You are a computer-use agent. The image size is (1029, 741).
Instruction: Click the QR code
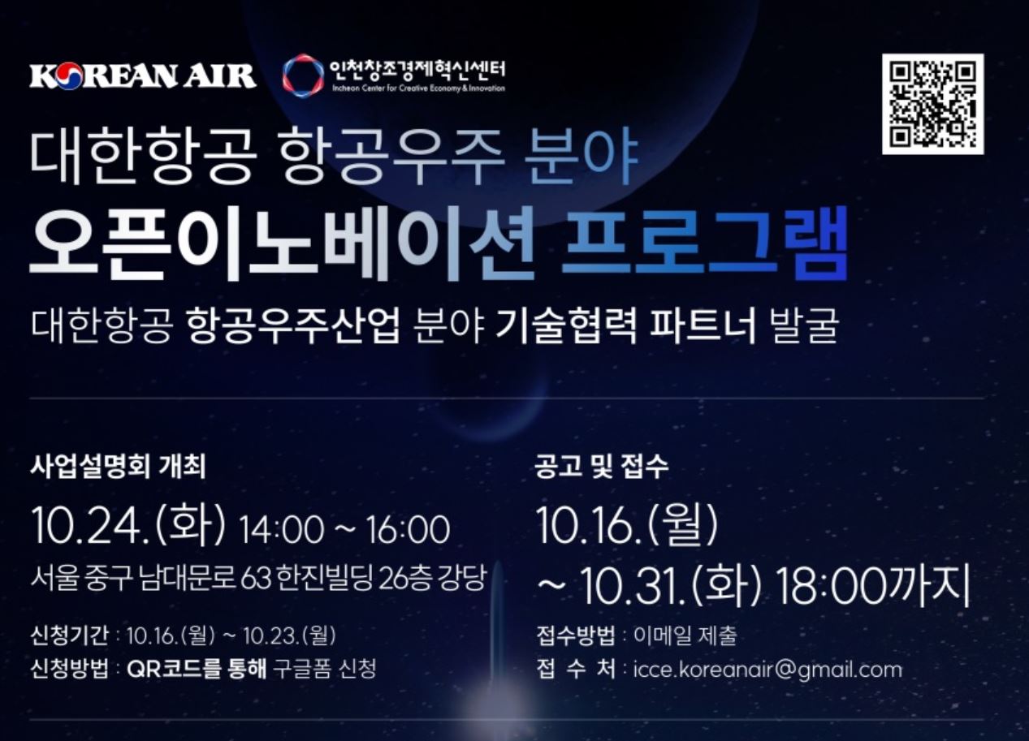click(933, 104)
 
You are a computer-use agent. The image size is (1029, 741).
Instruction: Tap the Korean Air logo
click(143, 76)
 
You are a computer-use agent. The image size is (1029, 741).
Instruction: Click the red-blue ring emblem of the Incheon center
click(303, 75)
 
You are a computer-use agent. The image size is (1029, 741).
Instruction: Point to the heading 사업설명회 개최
click(118, 467)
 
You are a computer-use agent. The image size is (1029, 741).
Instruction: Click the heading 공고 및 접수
click(601, 467)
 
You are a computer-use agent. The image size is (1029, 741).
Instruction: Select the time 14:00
click(281, 530)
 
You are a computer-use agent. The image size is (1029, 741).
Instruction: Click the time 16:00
click(408, 530)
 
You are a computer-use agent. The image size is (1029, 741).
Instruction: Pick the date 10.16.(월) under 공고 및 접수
click(627, 524)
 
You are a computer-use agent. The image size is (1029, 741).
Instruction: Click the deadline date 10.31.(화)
click(671, 586)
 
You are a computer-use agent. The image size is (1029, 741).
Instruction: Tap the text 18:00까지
click(873, 586)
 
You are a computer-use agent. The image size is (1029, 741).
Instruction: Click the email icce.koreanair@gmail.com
click(767, 670)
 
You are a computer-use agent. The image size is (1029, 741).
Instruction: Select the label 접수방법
click(576, 635)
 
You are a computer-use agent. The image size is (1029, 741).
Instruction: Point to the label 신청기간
click(69, 635)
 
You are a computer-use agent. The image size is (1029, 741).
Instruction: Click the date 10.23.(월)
click(289, 635)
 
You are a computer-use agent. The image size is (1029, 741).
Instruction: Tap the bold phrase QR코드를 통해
click(197, 670)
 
